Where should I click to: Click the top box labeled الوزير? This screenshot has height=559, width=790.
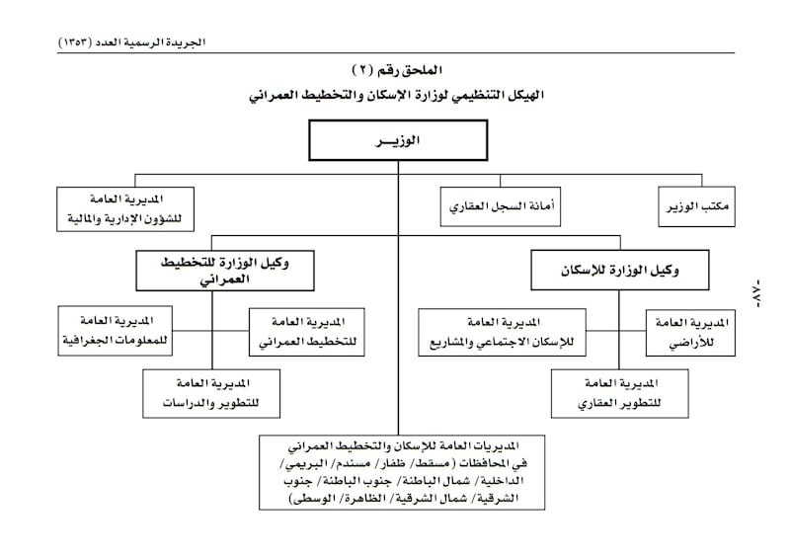click(x=399, y=141)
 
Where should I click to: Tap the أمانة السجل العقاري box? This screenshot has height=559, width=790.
click(x=498, y=207)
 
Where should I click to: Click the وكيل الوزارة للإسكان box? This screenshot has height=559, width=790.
click(x=613, y=269)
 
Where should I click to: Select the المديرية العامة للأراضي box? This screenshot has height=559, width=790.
click(x=690, y=333)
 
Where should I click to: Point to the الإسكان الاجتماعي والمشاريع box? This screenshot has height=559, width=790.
click(x=503, y=333)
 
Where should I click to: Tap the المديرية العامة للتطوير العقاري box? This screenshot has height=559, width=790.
click(x=619, y=394)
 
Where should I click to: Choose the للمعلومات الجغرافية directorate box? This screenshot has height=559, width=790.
click(x=116, y=332)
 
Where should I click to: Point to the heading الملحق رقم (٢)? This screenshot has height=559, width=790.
click(x=399, y=72)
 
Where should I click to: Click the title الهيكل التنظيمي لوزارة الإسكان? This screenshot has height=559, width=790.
click(x=399, y=97)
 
